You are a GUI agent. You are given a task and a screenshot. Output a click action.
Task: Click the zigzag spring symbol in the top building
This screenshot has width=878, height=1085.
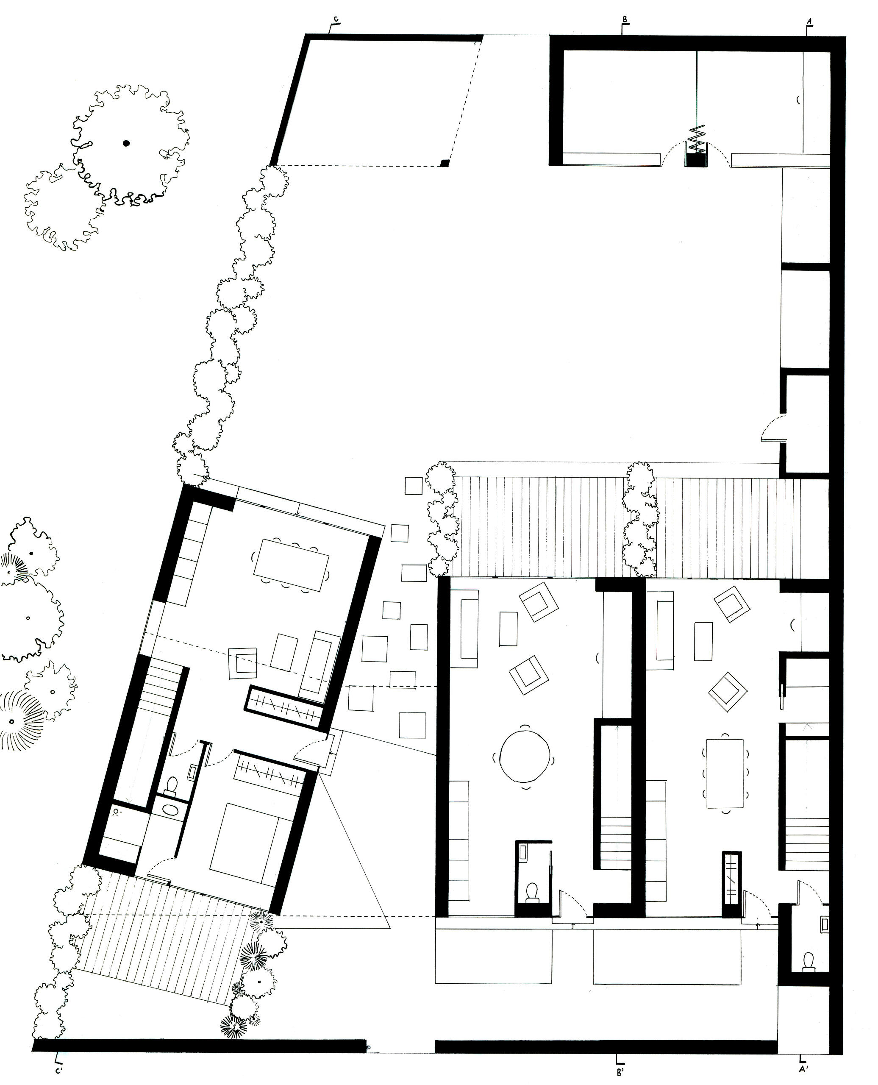(x=697, y=139)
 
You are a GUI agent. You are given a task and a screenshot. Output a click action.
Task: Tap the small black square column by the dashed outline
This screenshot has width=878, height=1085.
(x=445, y=163)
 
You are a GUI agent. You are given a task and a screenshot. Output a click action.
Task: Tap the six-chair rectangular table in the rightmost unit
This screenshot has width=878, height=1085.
(x=724, y=774)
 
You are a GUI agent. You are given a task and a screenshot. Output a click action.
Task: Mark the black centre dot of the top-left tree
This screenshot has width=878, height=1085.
(x=126, y=143)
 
